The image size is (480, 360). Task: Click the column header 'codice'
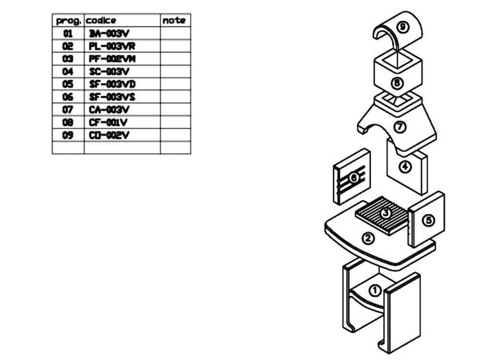point(101,21)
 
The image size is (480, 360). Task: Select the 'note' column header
point(173,21)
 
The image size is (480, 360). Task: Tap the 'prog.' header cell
point(68,21)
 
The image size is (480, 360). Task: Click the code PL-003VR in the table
point(112,46)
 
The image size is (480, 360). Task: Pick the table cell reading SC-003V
point(109,72)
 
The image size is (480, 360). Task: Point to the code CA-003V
point(109,109)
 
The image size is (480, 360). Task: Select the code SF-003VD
point(112,84)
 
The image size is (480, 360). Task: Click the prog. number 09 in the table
point(68,135)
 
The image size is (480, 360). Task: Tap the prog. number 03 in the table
point(68,59)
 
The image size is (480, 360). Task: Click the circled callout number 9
point(403,27)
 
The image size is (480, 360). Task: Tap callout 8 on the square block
point(396,83)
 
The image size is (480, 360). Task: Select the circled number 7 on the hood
point(400,127)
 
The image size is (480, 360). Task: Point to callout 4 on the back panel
point(406,167)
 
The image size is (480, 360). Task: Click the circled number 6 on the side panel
point(354,178)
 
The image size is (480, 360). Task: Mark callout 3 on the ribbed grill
point(385,212)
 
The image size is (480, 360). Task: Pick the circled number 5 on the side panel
point(428,220)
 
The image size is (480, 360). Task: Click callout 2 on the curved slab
point(368,238)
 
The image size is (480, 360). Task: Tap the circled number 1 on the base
point(376,290)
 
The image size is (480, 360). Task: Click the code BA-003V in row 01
point(109,34)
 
